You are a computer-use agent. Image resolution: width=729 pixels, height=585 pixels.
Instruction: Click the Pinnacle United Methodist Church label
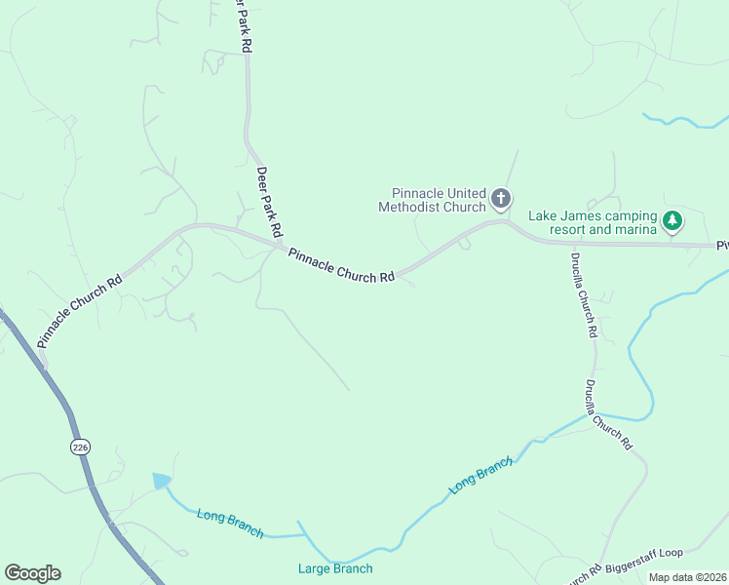[x=433, y=200]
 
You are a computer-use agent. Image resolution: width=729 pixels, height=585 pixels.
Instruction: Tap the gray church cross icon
[x=501, y=200]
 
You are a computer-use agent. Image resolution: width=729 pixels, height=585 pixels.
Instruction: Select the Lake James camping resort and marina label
[x=593, y=222]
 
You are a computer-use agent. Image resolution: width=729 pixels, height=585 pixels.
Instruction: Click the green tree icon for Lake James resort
[x=672, y=222]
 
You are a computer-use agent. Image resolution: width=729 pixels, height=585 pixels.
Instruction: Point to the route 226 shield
[x=80, y=446]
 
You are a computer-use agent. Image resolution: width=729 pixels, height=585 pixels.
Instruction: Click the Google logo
[x=32, y=573]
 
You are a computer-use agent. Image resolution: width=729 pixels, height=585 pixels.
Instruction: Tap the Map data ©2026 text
[x=687, y=577]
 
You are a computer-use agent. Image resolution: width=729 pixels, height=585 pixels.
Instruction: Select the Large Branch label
[x=335, y=568]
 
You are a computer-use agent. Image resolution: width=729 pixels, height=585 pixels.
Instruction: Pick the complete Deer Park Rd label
[x=268, y=202]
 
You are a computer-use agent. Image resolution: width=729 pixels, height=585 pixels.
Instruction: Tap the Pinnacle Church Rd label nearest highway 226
[x=80, y=309]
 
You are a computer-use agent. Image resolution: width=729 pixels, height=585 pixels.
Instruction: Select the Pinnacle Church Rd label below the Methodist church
[x=341, y=263]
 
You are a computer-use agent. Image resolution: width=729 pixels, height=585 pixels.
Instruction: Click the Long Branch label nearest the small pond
[x=230, y=524]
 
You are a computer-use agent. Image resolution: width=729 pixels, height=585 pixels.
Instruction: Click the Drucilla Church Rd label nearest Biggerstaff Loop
[x=609, y=414]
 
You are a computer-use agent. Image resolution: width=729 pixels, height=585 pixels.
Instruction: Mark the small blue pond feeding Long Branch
[x=162, y=481]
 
